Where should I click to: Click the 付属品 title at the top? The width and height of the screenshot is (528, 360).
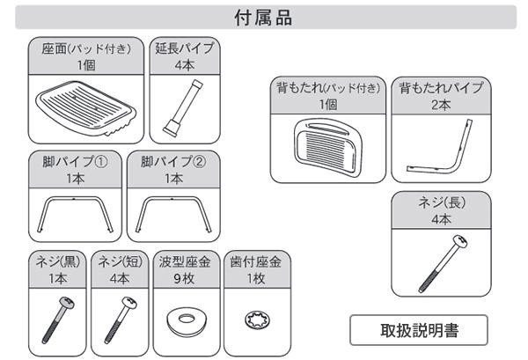263,18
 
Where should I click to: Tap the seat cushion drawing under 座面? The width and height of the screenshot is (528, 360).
86,107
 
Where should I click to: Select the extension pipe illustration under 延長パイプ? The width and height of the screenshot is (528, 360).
183,107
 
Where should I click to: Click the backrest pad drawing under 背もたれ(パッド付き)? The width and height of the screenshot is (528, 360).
327,148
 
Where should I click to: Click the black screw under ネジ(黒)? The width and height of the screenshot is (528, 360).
58,320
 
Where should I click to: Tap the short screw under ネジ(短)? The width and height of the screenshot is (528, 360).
121,320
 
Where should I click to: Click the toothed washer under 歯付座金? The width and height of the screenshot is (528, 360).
258,320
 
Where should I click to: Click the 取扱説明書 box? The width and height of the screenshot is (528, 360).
419,330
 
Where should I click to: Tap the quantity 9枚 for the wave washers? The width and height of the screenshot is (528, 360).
184,278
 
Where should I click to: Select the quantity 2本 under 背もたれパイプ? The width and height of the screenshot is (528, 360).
441,105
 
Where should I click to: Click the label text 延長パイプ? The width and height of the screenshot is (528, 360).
185,48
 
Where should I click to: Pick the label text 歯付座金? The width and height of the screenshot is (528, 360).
255,261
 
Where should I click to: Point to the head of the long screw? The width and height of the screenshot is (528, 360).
460,241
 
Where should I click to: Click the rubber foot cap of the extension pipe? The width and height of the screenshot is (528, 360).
171,129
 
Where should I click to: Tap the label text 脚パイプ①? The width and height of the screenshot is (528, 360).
75,162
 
